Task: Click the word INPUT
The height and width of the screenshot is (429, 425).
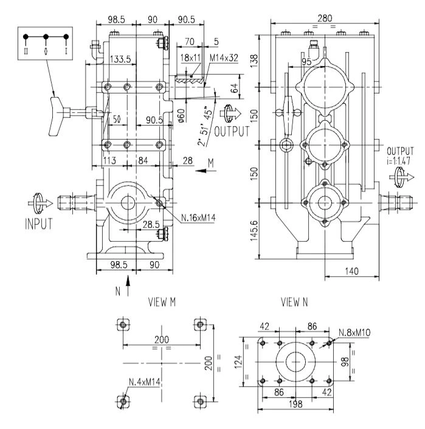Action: pos(39,224)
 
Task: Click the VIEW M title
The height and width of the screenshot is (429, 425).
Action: pos(162,302)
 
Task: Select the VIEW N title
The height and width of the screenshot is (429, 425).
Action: pos(294,302)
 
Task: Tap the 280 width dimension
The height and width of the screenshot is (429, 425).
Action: pos(325,18)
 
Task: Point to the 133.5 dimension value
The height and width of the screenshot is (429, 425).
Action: pos(120,59)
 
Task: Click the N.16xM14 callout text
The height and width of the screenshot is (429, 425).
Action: pos(198,218)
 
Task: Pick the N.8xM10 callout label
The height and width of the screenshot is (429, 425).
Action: pos(354,333)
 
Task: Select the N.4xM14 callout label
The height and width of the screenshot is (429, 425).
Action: pos(145,382)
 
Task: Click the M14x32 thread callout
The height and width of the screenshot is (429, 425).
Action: pos(224,58)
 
